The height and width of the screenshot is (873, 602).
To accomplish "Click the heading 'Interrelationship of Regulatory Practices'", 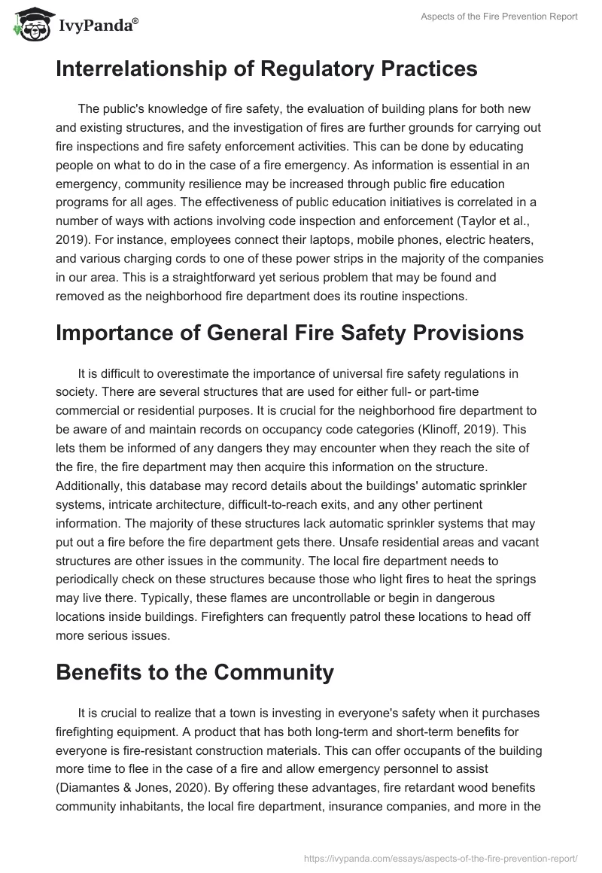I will coord(266,69).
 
